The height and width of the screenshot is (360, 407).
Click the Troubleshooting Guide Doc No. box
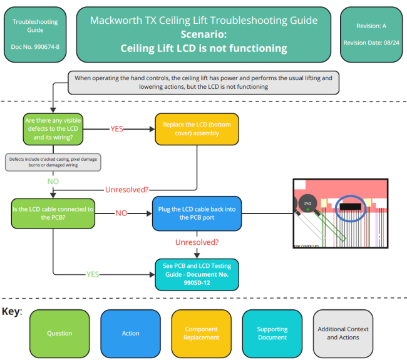point(35,34)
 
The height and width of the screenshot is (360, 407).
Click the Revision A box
point(371,34)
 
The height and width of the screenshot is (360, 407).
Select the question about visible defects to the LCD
point(53,129)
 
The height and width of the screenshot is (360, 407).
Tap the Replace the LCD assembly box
point(187,129)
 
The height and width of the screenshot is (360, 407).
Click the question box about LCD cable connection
point(53,213)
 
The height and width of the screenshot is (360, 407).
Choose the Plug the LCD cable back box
point(197,213)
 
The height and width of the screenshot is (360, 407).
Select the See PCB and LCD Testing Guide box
point(197,274)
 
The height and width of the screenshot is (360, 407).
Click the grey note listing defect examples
point(53,162)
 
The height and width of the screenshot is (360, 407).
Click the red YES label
point(117,129)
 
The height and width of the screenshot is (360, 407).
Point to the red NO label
point(121,213)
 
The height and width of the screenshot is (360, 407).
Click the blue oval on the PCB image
point(354,207)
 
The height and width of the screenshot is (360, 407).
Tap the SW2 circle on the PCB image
point(307,203)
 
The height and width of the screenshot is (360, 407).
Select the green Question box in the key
point(59,333)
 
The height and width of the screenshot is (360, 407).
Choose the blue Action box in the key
point(131,333)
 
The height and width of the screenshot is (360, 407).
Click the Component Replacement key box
point(201,333)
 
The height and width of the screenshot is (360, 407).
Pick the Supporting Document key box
point(272,333)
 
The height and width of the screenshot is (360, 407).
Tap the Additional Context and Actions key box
point(343,333)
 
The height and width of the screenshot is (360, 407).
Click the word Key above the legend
point(11,311)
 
